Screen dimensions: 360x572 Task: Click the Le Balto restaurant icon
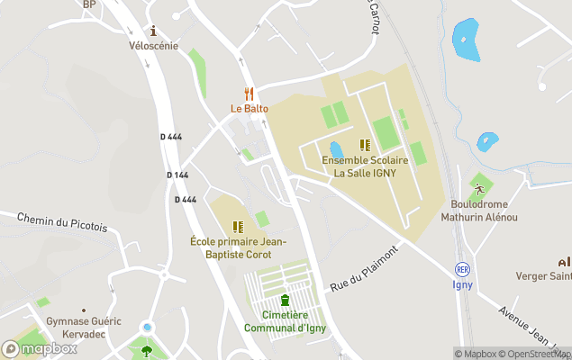[x=249, y=94]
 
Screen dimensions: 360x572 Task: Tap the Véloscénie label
[x=153, y=46]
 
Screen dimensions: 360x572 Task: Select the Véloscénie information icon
[x=153, y=31]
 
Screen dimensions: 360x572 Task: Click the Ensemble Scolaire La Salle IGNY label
[x=365, y=166]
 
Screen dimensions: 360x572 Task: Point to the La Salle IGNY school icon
[x=365, y=145]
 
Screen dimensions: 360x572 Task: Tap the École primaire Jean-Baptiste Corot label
[x=238, y=248]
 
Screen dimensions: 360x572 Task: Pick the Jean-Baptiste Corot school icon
[x=238, y=227]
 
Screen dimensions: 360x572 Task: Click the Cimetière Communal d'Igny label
[x=285, y=321]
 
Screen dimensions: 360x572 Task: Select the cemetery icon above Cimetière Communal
[x=285, y=300]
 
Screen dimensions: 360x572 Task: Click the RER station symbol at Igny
[x=463, y=269]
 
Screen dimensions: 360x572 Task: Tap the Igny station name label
[x=463, y=285]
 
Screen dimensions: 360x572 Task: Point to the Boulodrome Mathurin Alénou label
[x=479, y=211]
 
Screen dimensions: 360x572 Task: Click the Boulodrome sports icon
[x=480, y=189]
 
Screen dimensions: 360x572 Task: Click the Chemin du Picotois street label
[x=62, y=222]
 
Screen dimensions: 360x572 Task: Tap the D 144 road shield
[x=177, y=175]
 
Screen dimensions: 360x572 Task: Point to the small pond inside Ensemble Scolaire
[x=336, y=148]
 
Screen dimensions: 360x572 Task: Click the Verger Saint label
[x=542, y=275]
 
